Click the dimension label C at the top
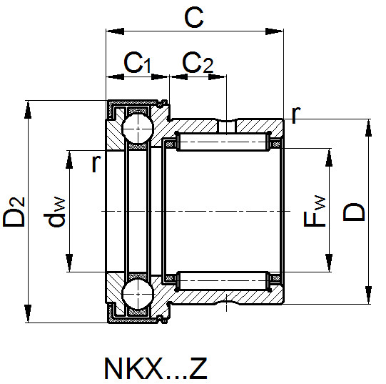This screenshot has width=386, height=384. [x=194, y=17]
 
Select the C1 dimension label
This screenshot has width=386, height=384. [x=138, y=63]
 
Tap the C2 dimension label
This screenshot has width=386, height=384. [x=198, y=63]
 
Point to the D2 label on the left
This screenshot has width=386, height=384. [x=14, y=212]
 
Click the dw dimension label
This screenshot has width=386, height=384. [x=55, y=212]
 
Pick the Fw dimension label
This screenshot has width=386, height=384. [x=315, y=211]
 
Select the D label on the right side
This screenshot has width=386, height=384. [x=353, y=212]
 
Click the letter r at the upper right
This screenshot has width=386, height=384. [x=295, y=115]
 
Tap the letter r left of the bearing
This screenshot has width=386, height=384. [x=96, y=164]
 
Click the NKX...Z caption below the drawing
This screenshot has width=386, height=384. [x=156, y=368]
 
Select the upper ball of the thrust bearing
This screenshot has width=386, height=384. [x=138, y=128]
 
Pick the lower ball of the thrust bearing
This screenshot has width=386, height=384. [x=138, y=294]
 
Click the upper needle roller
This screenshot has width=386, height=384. [x=223, y=142]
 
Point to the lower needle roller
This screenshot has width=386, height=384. [x=223, y=280]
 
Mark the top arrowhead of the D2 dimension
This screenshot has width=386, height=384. [x=28, y=109]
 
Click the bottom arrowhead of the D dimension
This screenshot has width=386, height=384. [x=368, y=295]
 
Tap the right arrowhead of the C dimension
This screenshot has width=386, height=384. [x=274, y=31]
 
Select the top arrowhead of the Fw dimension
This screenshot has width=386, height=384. [x=329, y=157]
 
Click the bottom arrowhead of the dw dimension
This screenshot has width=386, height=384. [x=69, y=262]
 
